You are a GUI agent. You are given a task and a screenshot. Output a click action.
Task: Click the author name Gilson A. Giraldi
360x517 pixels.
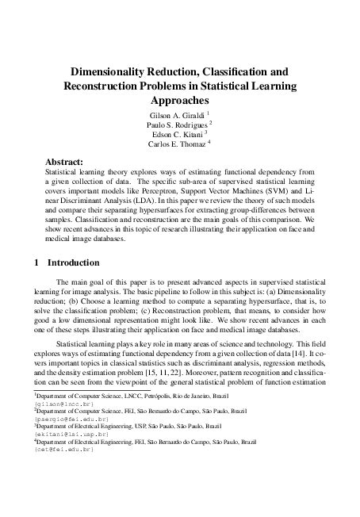(x=174, y=116)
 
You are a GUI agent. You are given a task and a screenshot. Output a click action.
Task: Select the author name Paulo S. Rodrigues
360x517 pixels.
(x=176, y=125)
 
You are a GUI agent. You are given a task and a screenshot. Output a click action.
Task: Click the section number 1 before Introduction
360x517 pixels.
(x=36, y=261)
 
